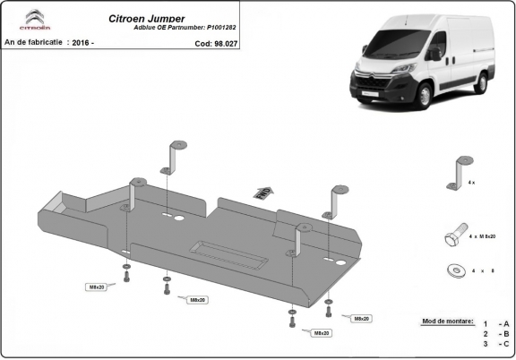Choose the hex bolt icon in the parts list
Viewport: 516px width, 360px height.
point(454,236)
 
